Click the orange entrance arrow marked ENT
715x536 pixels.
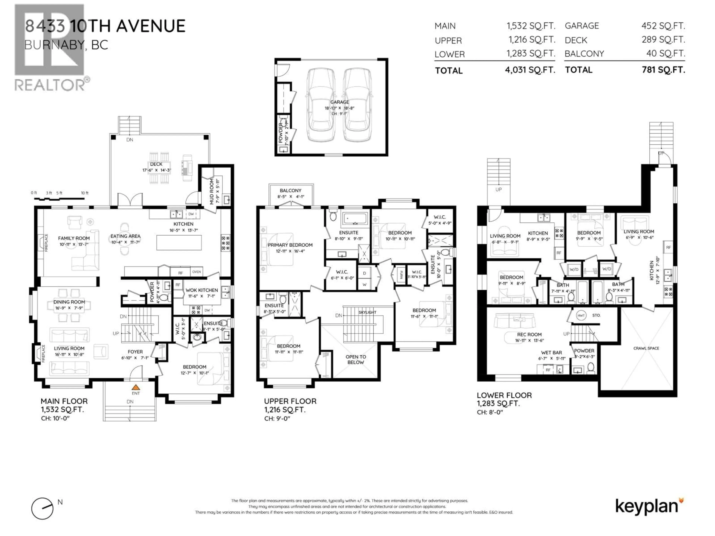[136, 387]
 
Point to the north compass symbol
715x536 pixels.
[42, 508]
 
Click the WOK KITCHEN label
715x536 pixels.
[202, 290]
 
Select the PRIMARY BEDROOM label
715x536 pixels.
[290, 245]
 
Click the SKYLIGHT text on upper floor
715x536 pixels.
[368, 312]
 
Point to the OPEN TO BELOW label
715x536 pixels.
[356, 359]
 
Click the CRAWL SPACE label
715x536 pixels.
[646, 348]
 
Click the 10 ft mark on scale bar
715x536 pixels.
[85, 193]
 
